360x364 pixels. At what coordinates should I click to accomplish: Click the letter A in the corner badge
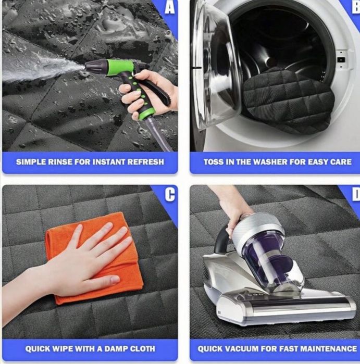pos(170,8)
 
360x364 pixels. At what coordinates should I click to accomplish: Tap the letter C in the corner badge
pos(170,195)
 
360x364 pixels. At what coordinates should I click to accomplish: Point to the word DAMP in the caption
pos(114,348)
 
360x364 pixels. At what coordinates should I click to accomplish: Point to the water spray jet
pos(42,72)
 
